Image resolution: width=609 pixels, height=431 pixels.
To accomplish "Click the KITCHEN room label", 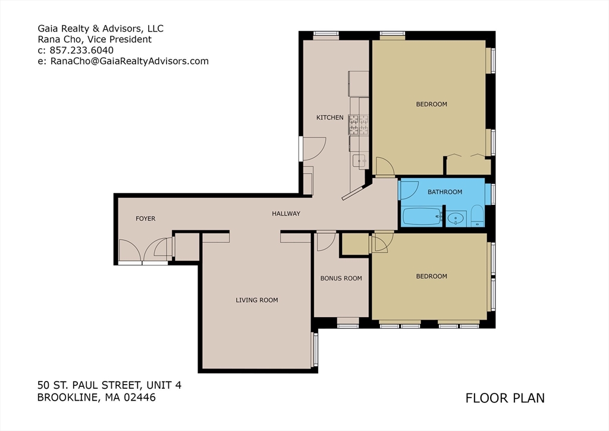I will tap(329, 117).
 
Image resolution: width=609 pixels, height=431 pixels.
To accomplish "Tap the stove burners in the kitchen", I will tap(359, 124).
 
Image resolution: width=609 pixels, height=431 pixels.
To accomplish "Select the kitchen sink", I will tap(359, 160).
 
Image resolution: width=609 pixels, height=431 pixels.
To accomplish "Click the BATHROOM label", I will tap(444, 192).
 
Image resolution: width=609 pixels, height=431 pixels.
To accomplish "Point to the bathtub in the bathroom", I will tap(422, 217).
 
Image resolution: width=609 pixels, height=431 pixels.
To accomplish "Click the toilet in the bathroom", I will tap(477, 217).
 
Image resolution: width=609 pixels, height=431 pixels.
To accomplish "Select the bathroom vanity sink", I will tap(456, 218).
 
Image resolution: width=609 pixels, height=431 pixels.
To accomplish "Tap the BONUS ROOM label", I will tap(341, 278).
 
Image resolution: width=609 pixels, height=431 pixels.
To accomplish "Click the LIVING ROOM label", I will tap(256, 300).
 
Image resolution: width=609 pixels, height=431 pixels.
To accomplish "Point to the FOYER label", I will tap(145, 218).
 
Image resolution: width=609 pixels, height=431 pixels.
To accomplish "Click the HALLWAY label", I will tap(286, 214).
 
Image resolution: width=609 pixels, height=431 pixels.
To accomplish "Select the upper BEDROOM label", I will tap(431, 104).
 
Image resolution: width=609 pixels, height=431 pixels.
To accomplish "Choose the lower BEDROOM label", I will tap(431, 276).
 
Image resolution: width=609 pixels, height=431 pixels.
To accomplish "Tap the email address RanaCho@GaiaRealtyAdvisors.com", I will tap(129, 61).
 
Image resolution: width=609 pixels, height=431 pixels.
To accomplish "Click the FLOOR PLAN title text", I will tap(505, 398).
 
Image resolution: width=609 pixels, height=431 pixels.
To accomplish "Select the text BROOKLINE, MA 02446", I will tap(96, 398).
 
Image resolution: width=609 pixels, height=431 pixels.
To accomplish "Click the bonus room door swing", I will tap(325, 241).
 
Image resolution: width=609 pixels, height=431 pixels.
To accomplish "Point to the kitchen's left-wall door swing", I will tap(313, 148).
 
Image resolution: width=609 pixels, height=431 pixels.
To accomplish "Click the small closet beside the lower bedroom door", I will tap(355, 244).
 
